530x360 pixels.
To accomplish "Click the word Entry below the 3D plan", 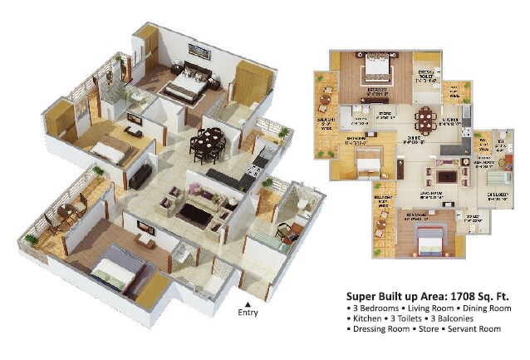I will [248, 313].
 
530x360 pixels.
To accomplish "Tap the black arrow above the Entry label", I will [248, 303].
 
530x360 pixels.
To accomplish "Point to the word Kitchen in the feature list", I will [364, 319].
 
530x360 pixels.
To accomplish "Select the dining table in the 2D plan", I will [426, 119].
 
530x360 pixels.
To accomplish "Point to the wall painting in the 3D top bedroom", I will [199, 50].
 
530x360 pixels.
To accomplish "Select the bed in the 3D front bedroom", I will [113, 274].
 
